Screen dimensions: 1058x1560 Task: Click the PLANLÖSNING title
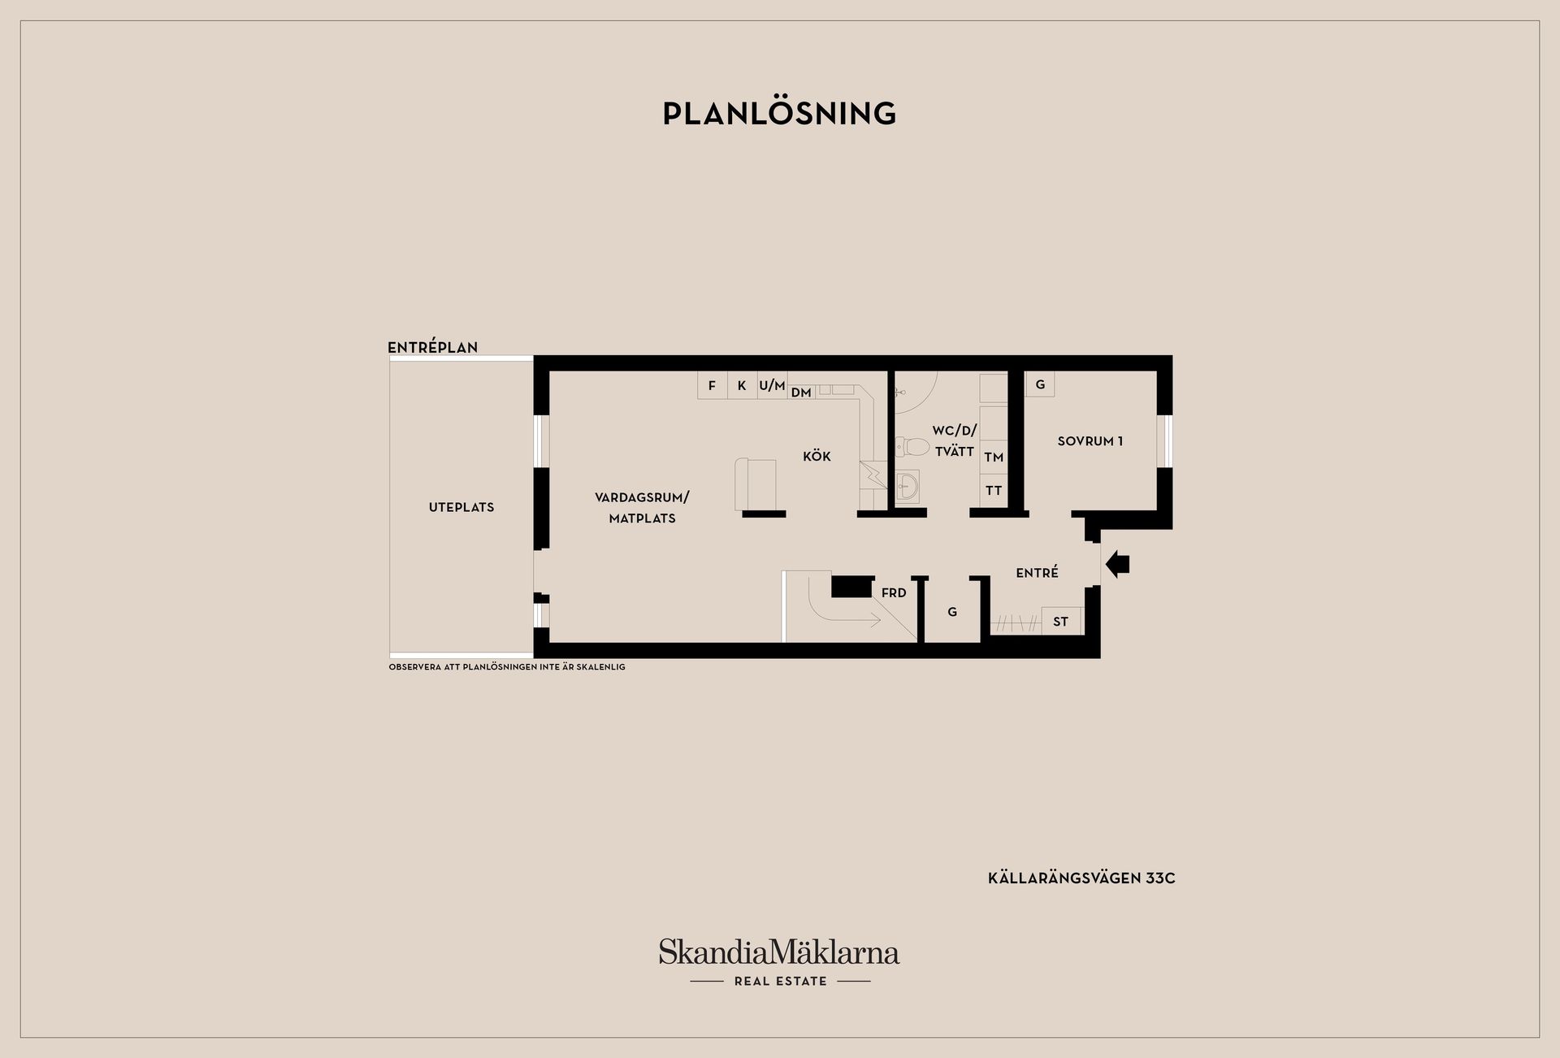point(779,114)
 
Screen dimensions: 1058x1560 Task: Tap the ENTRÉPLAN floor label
point(432,347)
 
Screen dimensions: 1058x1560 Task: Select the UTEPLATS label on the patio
point(461,507)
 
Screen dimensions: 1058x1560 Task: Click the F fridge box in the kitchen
point(712,385)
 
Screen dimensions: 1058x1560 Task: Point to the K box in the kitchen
point(742,385)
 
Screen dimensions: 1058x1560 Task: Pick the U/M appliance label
point(772,385)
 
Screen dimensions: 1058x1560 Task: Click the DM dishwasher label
point(801,392)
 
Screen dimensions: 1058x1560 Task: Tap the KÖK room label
point(817,457)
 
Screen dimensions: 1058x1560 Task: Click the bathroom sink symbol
point(908,487)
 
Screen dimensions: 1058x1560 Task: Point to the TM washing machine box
point(994,457)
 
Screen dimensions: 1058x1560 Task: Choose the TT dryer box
point(994,491)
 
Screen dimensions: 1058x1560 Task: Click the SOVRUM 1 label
point(1090,441)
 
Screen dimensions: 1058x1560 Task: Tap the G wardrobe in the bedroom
point(1040,384)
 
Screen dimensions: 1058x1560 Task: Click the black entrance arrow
point(1118,564)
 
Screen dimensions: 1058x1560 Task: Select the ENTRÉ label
point(1037,573)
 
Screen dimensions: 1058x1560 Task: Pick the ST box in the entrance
point(1061,622)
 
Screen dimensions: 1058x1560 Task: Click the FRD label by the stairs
point(894,593)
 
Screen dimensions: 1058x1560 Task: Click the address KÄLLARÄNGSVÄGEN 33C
point(1081,878)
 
